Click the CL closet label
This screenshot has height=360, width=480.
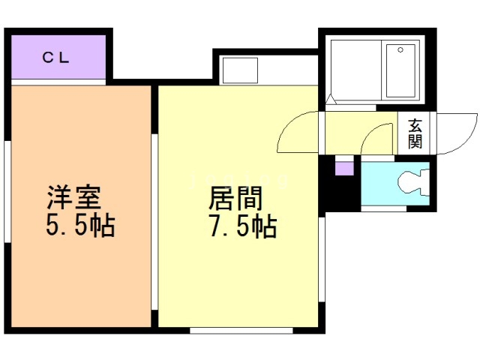coord(55,58)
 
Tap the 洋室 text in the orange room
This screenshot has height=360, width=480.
coord(73,197)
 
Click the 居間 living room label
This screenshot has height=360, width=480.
coord(235,198)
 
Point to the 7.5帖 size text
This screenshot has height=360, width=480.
coord(243,226)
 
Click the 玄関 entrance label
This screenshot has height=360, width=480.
coord(415,133)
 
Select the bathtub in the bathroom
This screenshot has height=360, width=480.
coord(400,70)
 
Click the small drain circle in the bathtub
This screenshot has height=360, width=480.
coord(400,50)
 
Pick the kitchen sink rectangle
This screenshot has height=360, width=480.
coord(240,70)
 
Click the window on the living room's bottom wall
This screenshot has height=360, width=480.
coord(241,331)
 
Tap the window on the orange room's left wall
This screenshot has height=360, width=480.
coord(7,192)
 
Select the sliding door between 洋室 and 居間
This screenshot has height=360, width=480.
coord(154,222)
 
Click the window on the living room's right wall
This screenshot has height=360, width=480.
coord(322,259)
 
